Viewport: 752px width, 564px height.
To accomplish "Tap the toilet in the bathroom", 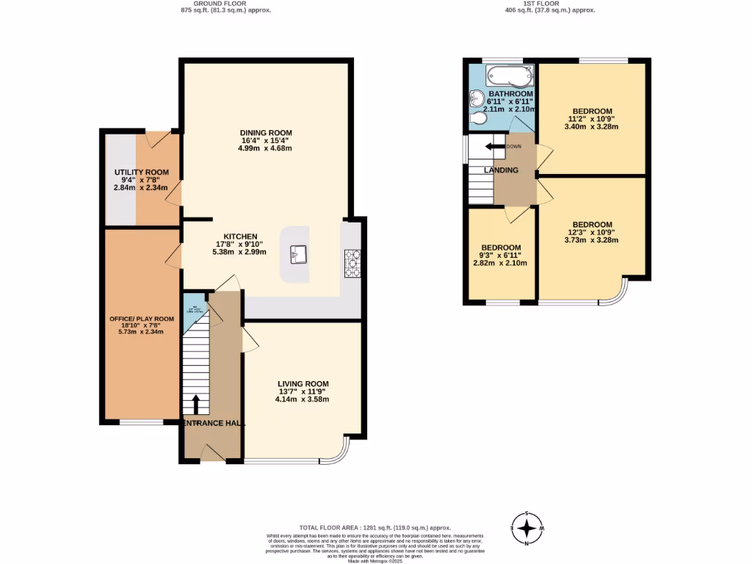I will click(477, 119).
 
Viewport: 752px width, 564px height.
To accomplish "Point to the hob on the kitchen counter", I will click(352, 263).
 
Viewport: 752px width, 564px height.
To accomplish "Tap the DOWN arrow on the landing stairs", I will click(496, 147).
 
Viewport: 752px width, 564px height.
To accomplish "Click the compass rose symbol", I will click(527, 528).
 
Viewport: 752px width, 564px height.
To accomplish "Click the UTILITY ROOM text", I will click(141, 173).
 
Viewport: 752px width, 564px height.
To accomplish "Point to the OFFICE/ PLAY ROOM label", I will click(142, 319).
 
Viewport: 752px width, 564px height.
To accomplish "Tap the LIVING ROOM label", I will click(303, 383).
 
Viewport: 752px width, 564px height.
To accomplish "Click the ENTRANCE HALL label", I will click(214, 424).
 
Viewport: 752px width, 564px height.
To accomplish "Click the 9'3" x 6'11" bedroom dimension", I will click(501, 255).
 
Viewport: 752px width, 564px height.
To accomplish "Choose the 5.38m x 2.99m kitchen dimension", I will click(239, 252).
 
